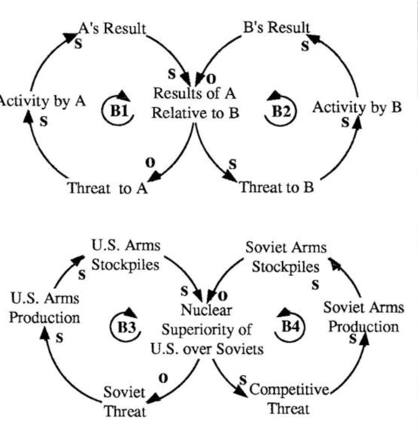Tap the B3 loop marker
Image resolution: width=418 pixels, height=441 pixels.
click(123, 326)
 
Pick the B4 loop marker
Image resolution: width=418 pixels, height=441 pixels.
click(290, 326)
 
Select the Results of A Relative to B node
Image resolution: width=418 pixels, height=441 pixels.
click(195, 103)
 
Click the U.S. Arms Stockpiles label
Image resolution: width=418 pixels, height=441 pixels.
click(125, 256)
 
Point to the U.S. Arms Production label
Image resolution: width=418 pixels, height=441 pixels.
click(44, 308)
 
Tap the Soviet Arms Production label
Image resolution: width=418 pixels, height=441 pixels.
click(363, 317)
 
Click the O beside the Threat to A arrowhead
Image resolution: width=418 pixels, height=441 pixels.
click(149, 163)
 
